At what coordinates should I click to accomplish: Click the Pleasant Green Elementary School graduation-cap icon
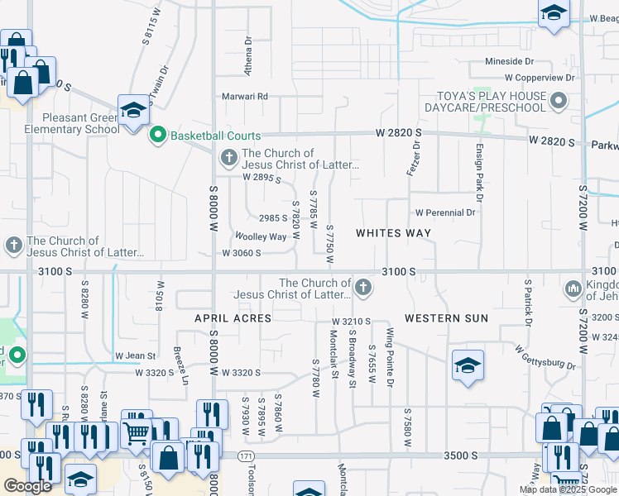tap(132, 110)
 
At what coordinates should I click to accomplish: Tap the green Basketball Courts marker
tap(157, 135)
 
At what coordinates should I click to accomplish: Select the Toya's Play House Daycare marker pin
tap(559, 102)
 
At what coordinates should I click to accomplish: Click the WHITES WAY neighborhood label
tap(393, 233)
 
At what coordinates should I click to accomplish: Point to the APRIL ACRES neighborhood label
tap(233, 318)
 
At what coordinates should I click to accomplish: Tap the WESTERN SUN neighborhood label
tap(446, 318)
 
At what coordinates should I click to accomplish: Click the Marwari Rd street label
tap(245, 97)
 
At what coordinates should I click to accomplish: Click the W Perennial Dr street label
tap(445, 212)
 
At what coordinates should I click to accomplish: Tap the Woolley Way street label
tap(261, 236)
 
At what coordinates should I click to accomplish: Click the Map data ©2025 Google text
tap(569, 489)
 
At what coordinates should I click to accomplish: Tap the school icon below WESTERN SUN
tap(468, 366)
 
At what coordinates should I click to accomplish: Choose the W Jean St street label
tap(136, 356)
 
